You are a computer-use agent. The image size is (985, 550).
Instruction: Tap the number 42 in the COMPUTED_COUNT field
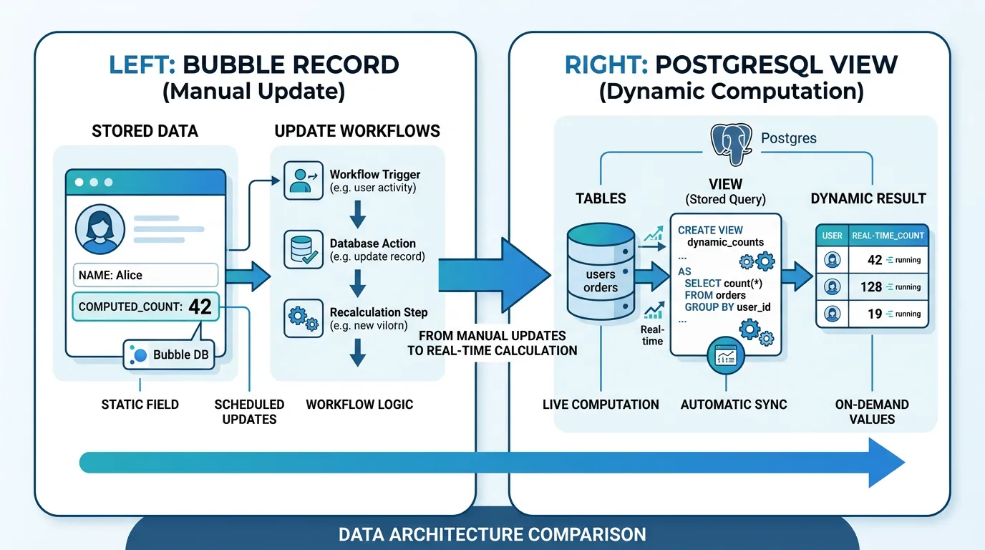click(x=200, y=307)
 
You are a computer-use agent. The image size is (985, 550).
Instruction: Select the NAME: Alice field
click(x=145, y=275)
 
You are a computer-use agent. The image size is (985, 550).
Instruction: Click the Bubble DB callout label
click(x=169, y=354)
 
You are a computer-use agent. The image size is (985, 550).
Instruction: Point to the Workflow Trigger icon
click(x=299, y=180)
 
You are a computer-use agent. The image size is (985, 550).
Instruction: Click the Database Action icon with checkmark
click(x=299, y=249)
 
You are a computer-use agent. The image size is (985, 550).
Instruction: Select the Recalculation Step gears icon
click(x=299, y=318)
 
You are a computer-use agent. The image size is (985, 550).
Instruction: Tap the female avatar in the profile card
click(x=96, y=229)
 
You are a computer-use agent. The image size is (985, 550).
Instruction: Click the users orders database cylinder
click(x=600, y=272)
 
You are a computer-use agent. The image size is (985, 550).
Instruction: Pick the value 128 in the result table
click(x=871, y=286)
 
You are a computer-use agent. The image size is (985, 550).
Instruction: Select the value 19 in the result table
click(x=874, y=314)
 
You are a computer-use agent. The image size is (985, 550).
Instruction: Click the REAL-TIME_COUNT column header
click(x=887, y=235)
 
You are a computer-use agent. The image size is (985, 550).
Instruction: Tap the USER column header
click(x=832, y=235)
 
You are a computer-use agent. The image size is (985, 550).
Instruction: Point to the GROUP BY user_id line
click(x=727, y=307)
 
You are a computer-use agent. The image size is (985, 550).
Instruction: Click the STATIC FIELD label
click(x=140, y=405)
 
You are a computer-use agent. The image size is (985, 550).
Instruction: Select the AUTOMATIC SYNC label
click(x=733, y=405)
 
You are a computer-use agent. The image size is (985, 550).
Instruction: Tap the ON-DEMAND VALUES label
click(x=871, y=412)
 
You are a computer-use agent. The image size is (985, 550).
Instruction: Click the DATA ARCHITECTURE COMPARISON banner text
click(x=492, y=534)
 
